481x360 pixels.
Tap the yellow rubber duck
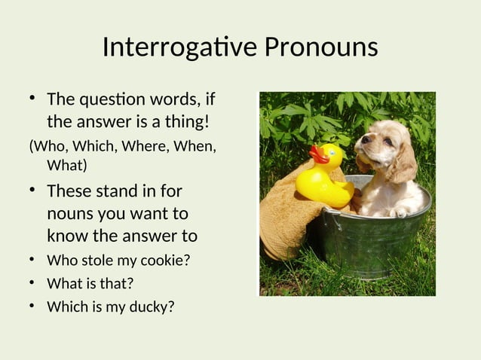pyautogui.click(x=324, y=177)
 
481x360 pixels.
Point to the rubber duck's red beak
pyautogui.click(x=318, y=154)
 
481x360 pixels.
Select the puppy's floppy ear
pyautogui.click(x=401, y=162)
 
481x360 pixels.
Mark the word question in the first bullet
pyautogui.click(x=112, y=99)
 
